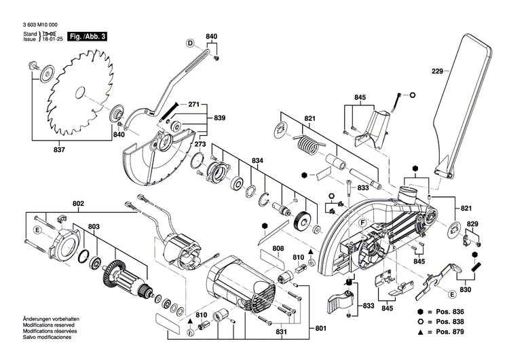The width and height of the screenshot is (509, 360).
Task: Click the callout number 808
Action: [278, 249]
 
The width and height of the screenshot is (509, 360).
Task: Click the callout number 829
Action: [472, 224]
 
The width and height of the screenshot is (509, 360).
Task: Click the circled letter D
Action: [191, 43]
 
